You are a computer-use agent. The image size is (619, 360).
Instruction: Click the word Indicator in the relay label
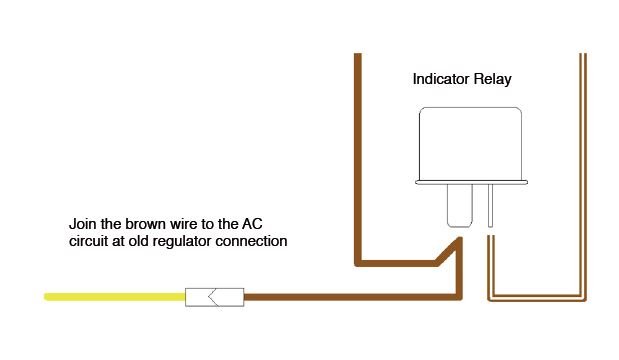click(441, 79)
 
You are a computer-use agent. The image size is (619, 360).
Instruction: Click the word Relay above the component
click(493, 79)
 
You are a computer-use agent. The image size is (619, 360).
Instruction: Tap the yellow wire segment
click(114, 297)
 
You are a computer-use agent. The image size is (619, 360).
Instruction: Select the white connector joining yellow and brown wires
click(214, 297)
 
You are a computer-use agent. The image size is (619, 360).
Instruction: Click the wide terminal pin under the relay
click(460, 206)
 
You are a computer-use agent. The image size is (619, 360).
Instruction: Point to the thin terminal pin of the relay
click(490, 206)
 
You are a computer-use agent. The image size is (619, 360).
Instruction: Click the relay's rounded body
click(471, 143)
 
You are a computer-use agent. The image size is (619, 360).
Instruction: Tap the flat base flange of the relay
click(471, 182)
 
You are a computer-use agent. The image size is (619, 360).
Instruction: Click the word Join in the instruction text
click(83, 224)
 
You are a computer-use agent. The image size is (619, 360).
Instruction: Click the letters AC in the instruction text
click(252, 224)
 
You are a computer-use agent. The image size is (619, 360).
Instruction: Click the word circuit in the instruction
click(88, 241)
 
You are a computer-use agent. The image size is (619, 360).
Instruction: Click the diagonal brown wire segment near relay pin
click(448, 251)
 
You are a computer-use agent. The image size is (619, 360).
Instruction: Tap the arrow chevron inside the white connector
click(213, 297)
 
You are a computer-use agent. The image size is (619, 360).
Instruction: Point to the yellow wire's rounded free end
click(46, 297)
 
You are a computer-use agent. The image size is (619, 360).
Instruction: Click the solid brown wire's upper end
click(358, 54)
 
